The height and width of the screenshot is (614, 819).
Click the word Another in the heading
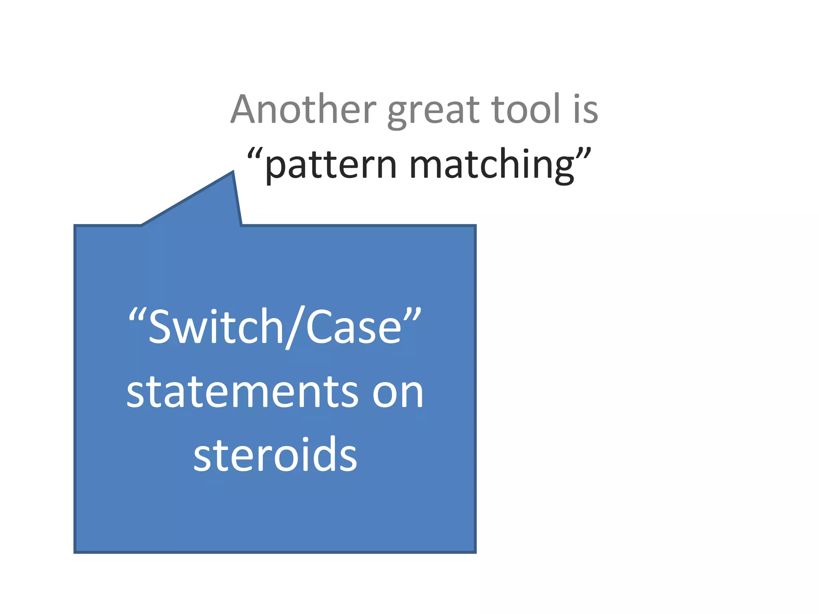[303, 110]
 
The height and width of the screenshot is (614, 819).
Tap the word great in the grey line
[433, 111]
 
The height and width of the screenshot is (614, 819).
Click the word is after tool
[585, 110]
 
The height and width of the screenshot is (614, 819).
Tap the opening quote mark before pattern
[255, 153]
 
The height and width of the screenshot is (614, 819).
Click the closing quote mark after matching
[583, 153]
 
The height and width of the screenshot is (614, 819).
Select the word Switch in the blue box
[216, 327]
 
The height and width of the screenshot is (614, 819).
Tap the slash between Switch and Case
[295, 327]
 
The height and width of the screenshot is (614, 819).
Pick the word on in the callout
[398, 394]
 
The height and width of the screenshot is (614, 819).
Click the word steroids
[275, 455]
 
